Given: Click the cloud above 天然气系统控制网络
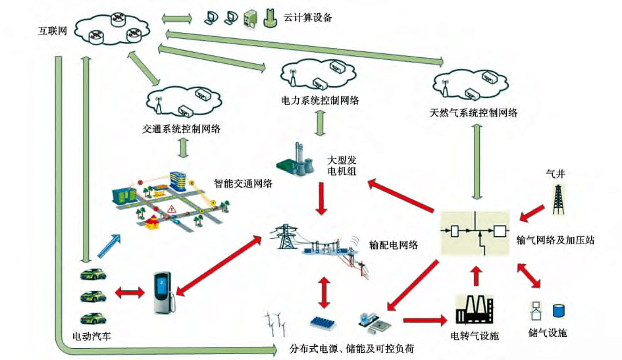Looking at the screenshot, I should tap(473, 84).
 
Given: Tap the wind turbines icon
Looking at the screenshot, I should tap(276, 324).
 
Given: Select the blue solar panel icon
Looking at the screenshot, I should tap(326, 322).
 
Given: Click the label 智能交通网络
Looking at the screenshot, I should tap(244, 184).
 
